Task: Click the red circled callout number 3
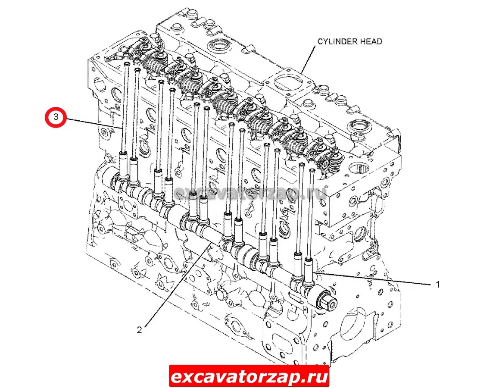[x=56, y=117]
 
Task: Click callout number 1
[x=437, y=284]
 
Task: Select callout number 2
[x=139, y=330]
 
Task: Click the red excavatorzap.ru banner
[x=249, y=376]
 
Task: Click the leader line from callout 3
[x=94, y=123]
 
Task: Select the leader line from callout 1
[x=372, y=278]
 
